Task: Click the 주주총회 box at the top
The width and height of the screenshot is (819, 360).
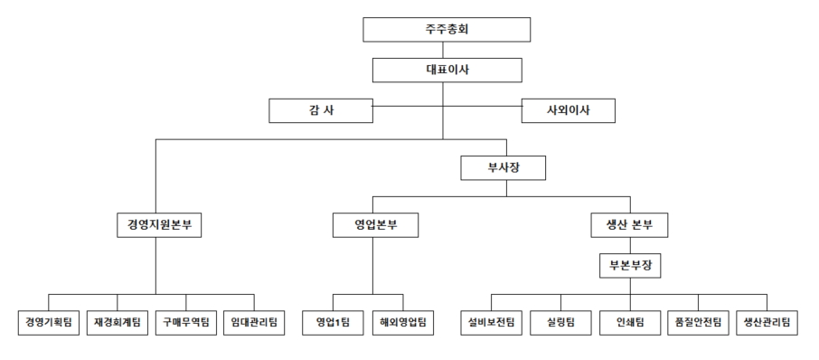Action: point(446,29)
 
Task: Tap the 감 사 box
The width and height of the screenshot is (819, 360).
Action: point(321,110)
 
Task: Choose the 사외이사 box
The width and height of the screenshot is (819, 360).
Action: point(568,110)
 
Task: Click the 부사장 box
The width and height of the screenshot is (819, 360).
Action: point(505,167)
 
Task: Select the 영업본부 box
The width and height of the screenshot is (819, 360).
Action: point(373,224)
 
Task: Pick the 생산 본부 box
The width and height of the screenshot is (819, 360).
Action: point(630,224)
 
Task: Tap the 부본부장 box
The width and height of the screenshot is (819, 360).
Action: point(630,266)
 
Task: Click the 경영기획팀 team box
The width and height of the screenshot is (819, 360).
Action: point(50,322)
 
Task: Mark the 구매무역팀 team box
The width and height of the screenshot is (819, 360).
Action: point(186,322)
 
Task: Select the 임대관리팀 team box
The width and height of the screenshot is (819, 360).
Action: point(254,322)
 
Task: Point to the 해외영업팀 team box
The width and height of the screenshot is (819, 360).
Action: point(402,322)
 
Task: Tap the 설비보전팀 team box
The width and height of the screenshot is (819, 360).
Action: point(492,322)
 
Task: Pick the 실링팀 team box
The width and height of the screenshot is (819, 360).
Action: point(560,322)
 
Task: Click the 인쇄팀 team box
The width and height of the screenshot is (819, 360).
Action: point(629,322)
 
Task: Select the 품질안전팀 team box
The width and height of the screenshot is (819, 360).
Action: point(698,322)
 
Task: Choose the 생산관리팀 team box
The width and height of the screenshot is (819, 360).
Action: point(767,322)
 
